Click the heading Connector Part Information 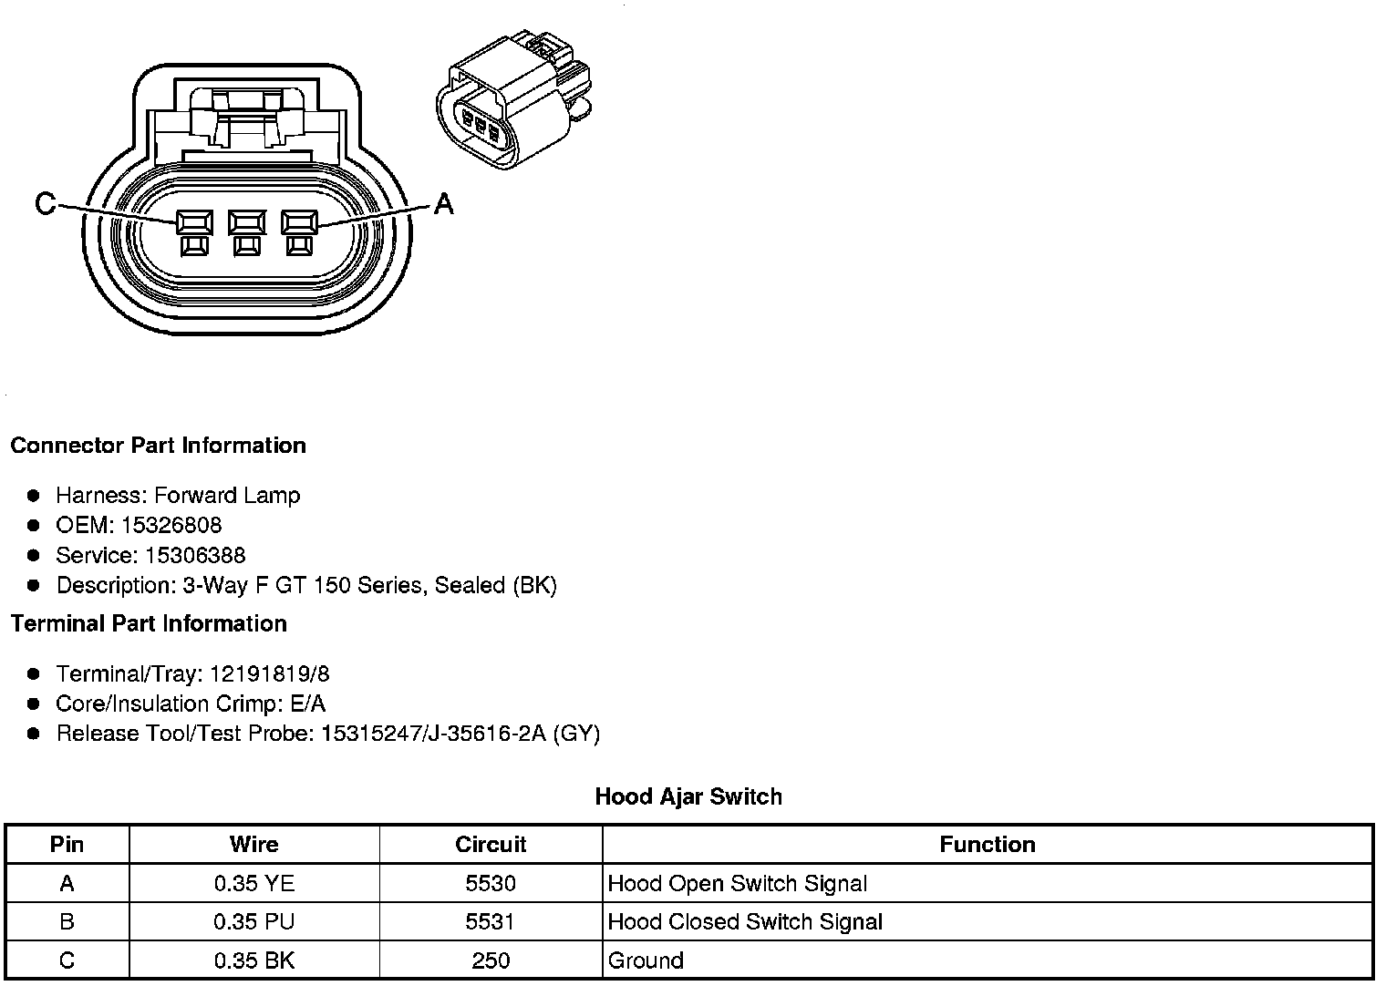point(158,446)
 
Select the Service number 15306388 point(195,555)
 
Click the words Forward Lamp point(227,495)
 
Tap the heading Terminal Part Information point(149,623)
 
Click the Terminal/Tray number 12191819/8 point(270,673)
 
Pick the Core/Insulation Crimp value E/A point(305,704)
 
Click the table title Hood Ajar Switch point(688,796)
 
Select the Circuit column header point(491,845)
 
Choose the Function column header point(988,845)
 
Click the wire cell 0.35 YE point(254,883)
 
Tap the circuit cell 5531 point(491,921)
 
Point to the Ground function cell point(646,960)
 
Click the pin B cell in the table point(67,921)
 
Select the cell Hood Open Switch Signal point(737,883)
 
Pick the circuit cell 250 point(491,960)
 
